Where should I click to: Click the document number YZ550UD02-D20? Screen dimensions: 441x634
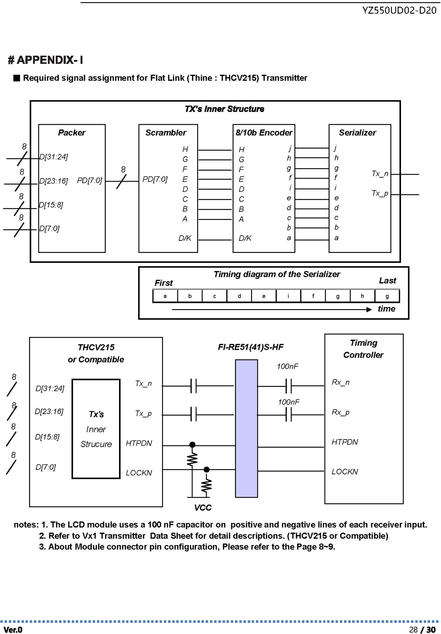point(399,10)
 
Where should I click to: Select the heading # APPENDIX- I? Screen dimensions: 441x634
point(46,60)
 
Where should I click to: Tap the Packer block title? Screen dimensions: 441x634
point(72,133)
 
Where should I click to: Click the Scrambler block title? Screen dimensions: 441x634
point(166,133)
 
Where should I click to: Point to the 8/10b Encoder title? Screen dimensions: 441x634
point(264,133)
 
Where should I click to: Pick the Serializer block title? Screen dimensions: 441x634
point(358,133)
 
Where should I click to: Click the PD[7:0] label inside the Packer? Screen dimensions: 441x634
point(89,181)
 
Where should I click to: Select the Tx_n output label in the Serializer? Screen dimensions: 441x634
point(380,174)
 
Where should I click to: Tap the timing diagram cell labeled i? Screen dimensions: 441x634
point(288,296)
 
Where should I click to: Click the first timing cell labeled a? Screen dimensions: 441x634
point(165,296)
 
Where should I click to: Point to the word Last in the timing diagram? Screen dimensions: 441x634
point(387,281)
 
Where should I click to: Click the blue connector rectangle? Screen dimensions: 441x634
point(246,428)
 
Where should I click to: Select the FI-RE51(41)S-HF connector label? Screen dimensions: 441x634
point(251,347)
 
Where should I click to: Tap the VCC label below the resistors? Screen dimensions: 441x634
point(203,508)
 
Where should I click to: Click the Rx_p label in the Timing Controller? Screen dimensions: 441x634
point(341,413)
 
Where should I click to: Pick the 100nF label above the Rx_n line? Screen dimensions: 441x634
point(288,366)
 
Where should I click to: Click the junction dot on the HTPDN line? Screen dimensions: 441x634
point(192,445)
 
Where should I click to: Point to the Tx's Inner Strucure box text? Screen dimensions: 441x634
point(96,429)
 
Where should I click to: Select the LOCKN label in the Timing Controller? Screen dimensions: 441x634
point(345,472)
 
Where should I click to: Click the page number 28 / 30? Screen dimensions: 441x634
point(422,630)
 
